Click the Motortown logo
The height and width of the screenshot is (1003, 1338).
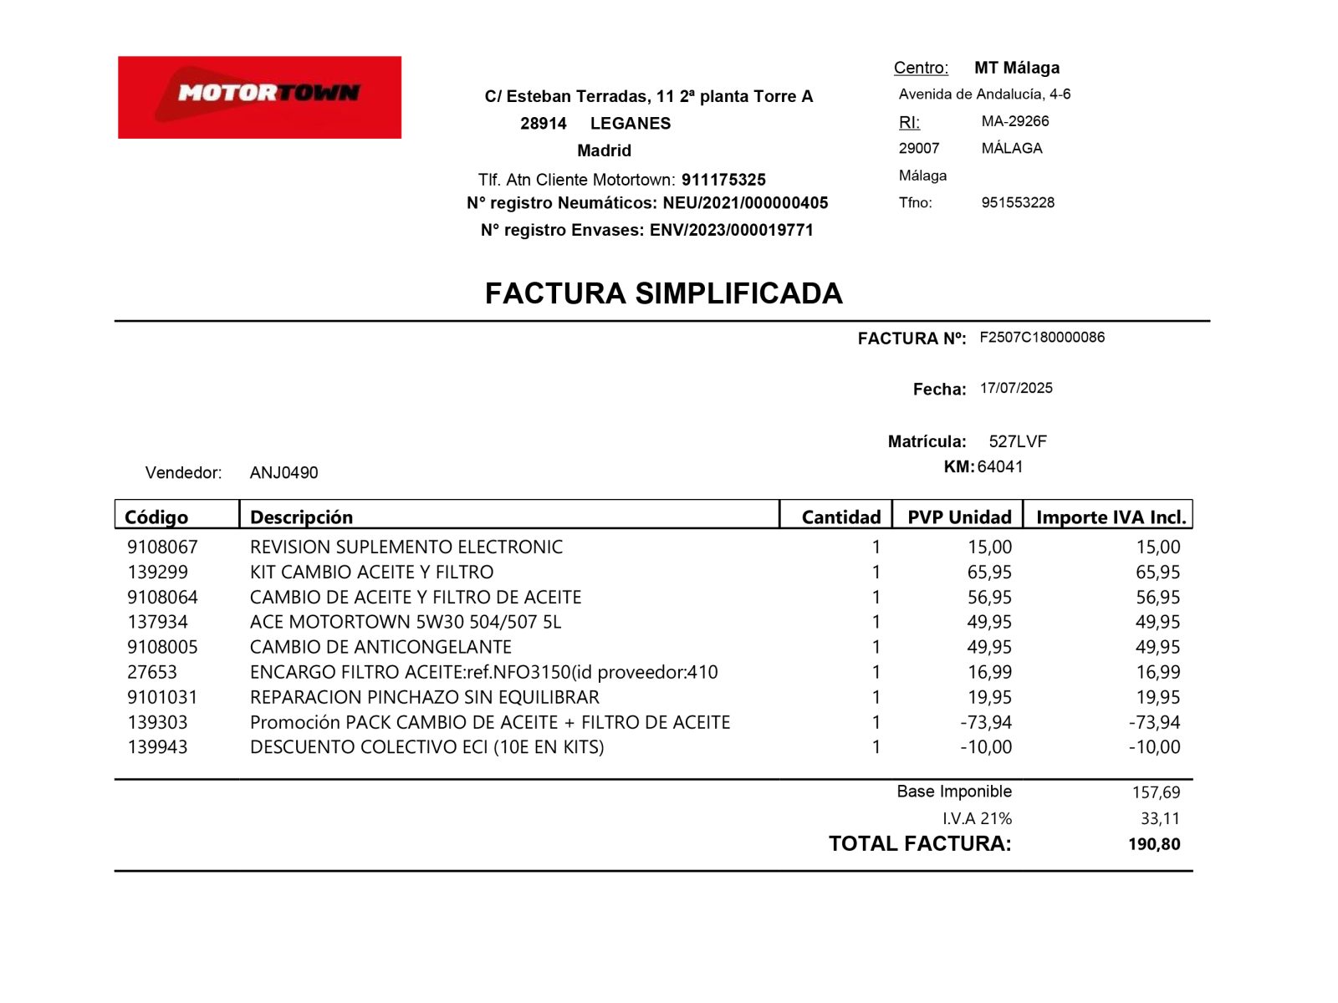(x=259, y=97)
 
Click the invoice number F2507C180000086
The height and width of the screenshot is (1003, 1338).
(x=1042, y=337)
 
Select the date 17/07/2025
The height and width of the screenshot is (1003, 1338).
(x=1016, y=388)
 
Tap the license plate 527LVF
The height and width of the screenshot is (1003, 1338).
(x=1018, y=441)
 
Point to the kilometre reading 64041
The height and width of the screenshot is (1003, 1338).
(x=1000, y=466)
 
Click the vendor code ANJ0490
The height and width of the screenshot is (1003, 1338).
(x=283, y=472)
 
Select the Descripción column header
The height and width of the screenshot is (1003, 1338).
(x=301, y=517)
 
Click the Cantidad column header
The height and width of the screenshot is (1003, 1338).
(x=840, y=517)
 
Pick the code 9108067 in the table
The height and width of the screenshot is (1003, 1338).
(x=162, y=547)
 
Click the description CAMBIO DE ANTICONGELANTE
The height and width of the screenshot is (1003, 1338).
(x=380, y=647)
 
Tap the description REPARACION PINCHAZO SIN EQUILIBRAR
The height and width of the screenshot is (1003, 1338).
(x=424, y=697)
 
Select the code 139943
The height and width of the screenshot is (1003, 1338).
(x=157, y=746)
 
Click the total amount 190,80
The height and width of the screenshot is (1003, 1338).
(x=1154, y=844)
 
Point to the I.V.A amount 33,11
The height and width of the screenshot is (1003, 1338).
(x=1160, y=818)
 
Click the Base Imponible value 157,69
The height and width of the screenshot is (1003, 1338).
(x=1156, y=792)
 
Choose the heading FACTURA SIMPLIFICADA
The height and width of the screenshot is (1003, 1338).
(x=663, y=293)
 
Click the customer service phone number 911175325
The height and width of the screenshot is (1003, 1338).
(x=723, y=180)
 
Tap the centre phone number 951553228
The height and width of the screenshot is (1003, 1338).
(x=1018, y=202)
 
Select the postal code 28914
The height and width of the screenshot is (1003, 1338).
(x=544, y=124)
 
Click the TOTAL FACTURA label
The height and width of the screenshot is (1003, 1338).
(x=920, y=843)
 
